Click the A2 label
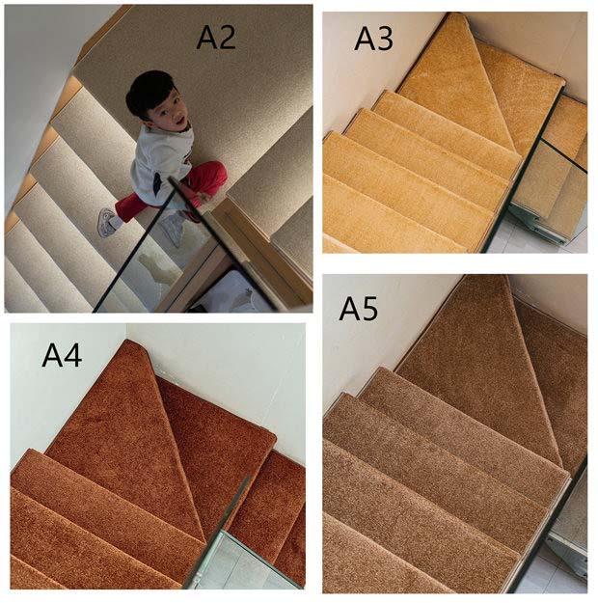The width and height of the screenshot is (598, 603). click(216, 38)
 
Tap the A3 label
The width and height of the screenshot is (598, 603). click(373, 39)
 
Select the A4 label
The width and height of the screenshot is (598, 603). click(62, 355)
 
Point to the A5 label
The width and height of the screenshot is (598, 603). click(359, 308)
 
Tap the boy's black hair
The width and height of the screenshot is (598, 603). click(149, 93)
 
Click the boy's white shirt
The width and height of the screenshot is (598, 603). click(161, 163)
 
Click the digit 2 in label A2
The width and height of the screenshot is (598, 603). click(227, 38)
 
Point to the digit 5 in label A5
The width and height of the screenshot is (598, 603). click(369, 309)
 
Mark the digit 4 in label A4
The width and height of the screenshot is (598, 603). click(72, 355)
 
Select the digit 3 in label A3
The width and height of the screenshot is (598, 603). click(384, 39)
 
